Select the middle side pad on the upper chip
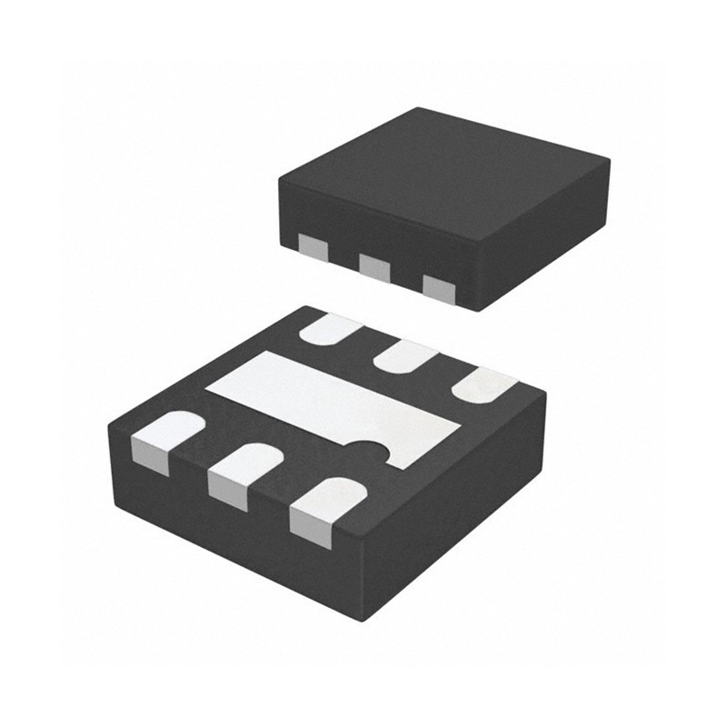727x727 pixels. pos(374,267)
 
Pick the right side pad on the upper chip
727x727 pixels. pos(438,289)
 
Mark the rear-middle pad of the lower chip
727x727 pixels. pos(403,356)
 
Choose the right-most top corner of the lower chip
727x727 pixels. pos(546,393)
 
